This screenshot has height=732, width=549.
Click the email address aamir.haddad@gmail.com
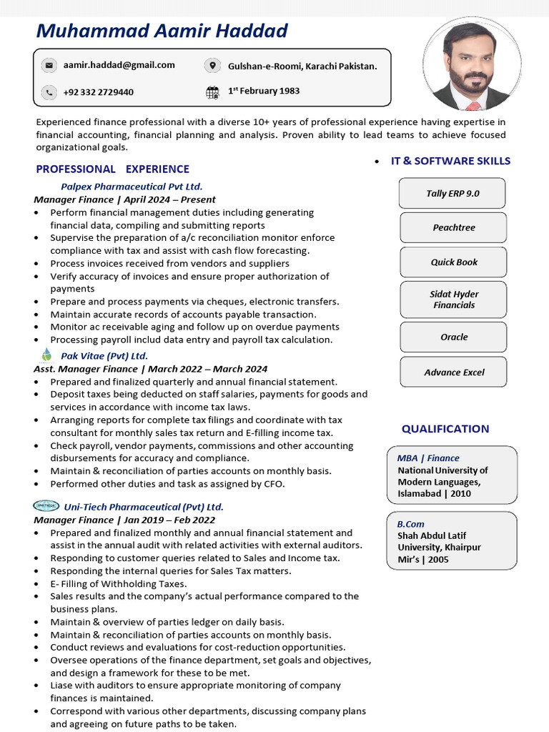point(119,65)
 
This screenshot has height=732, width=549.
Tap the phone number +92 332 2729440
point(98,92)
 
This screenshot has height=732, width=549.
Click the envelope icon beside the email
point(49,66)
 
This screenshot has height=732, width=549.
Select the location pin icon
point(212,66)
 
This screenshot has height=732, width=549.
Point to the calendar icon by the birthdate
point(212,91)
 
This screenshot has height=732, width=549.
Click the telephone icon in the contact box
point(49,92)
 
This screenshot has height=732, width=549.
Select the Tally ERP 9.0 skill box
point(452,193)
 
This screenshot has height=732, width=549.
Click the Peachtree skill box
point(452,227)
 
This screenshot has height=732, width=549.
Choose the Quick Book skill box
point(452,262)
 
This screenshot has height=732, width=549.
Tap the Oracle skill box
point(452,337)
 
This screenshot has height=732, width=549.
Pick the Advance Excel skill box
point(452,372)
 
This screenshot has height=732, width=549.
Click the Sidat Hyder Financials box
point(452,300)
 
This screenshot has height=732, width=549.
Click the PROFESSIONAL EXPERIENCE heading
point(112,169)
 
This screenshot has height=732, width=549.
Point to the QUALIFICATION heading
point(445,429)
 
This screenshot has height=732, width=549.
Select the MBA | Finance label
point(428,458)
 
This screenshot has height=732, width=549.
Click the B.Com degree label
point(411,524)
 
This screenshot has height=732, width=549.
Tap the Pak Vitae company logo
point(47,355)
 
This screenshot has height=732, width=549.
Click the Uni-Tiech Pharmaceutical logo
point(46,506)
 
